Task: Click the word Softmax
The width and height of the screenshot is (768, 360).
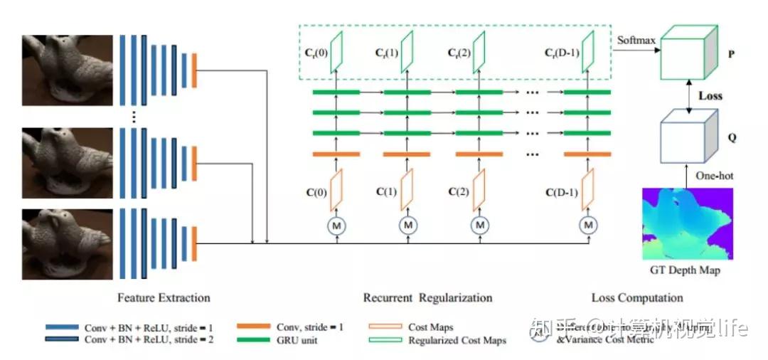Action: point(636,40)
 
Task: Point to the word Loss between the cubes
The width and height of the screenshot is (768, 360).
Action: point(710,95)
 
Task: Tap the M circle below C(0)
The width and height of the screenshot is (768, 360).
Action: point(336,226)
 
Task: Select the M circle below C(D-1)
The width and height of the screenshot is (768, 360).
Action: point(588,226)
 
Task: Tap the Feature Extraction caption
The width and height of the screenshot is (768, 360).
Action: point(164,297)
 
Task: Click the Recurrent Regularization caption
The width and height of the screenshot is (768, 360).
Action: point(427,297)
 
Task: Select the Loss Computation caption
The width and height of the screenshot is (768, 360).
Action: point(637,297)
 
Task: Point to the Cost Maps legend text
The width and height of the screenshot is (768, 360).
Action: point(430,327)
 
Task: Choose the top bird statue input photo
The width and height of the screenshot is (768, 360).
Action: point(68,68)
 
